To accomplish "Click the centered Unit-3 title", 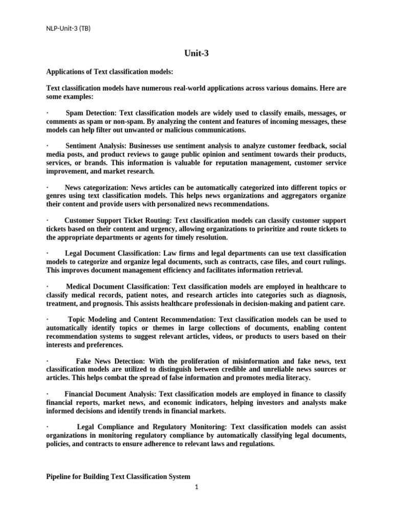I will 196,53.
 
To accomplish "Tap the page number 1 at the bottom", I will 196,487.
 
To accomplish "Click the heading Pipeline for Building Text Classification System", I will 118,476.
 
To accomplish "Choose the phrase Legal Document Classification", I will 113,253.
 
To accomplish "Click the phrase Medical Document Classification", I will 117,287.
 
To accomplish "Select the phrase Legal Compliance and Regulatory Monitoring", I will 152,427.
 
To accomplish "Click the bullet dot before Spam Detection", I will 47,113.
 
